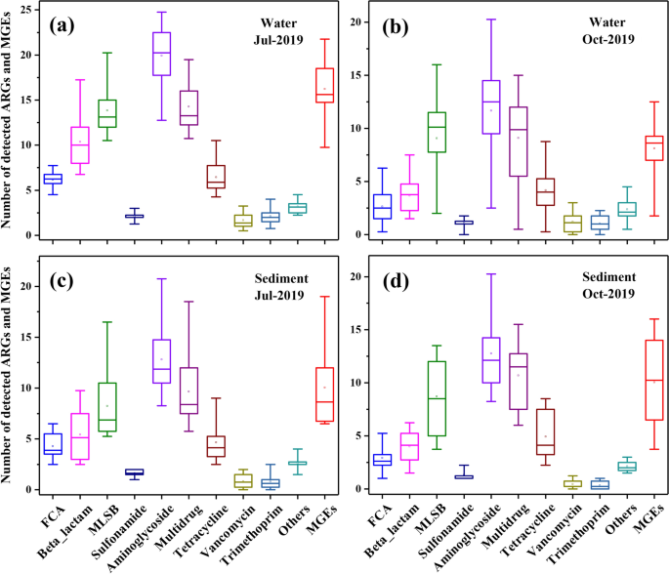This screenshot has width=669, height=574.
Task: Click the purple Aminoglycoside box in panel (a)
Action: [161, 54]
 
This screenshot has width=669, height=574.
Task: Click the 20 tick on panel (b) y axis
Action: [355, 21]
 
